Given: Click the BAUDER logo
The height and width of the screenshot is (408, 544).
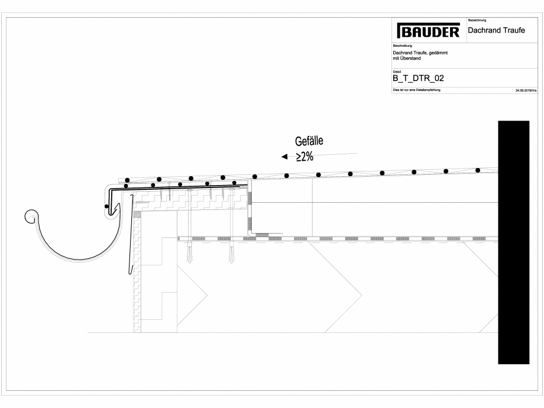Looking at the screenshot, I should pos(428,31).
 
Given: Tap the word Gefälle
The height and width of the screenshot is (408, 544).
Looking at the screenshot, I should pos(309,141).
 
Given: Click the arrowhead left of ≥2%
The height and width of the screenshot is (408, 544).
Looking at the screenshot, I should pos(284,157).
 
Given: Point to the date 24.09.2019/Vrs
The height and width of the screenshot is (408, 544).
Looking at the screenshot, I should pos(525,90).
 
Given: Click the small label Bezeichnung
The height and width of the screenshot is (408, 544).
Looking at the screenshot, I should pos(477,21).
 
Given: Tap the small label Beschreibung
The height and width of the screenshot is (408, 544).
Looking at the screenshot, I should pos(402,46).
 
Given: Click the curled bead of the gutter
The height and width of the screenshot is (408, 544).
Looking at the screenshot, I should pos(31,216).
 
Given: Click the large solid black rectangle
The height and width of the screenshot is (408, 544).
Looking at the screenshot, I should pos(513,242).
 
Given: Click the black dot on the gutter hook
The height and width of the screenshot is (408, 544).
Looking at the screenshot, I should pos(106,206).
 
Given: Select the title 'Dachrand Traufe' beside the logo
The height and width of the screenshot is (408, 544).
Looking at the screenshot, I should pos(496,30).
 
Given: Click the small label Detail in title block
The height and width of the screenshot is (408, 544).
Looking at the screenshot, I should pos(397,70).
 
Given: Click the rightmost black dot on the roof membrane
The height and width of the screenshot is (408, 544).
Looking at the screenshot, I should pos(478,170).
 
